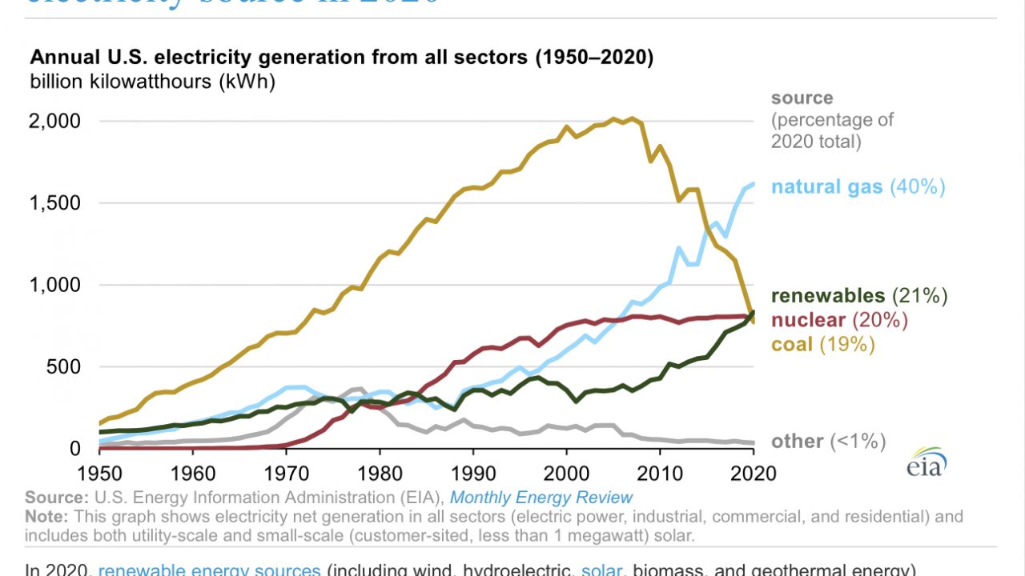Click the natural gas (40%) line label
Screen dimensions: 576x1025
858,187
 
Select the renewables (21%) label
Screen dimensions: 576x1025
859,296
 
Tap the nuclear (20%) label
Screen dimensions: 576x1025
839,320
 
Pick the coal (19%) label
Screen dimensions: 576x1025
823,344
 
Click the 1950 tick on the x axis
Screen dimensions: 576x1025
101,474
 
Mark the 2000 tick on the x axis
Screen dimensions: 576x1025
567,474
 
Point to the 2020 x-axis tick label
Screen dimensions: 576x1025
754,474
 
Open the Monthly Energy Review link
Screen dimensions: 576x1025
541,498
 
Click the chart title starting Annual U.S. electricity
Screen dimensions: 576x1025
342,58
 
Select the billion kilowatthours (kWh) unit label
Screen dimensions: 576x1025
152,82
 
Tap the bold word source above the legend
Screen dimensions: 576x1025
802,98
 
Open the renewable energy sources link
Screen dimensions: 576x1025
209,570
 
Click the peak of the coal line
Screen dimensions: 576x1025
633,118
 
